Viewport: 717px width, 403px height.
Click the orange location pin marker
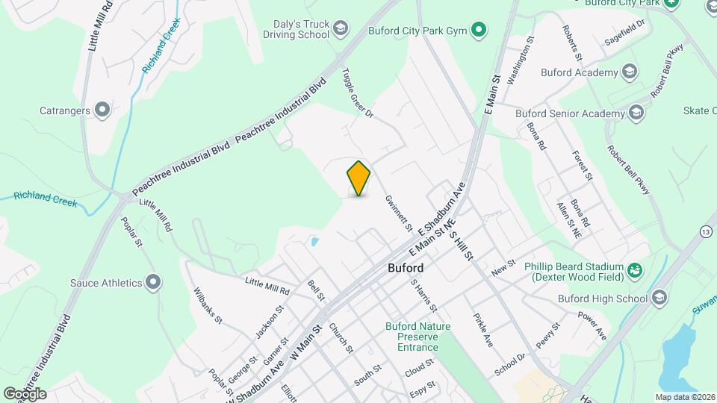359,178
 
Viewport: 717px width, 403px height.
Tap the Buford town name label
406,268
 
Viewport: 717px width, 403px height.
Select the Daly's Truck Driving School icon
341,28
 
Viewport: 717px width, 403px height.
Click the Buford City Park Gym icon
479,31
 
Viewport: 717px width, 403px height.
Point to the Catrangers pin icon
103,111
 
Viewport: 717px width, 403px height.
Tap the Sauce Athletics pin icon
154,283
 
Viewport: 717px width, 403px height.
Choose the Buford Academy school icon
630,72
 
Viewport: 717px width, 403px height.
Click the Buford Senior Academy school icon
636,113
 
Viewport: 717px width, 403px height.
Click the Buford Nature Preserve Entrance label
418,337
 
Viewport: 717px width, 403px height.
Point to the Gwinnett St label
399,212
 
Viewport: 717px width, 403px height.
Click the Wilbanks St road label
208,305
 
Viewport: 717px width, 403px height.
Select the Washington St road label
521,59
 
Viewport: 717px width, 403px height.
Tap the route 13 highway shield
706,233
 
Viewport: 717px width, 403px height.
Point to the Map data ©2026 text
685,397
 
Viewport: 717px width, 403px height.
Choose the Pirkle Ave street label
482,330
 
